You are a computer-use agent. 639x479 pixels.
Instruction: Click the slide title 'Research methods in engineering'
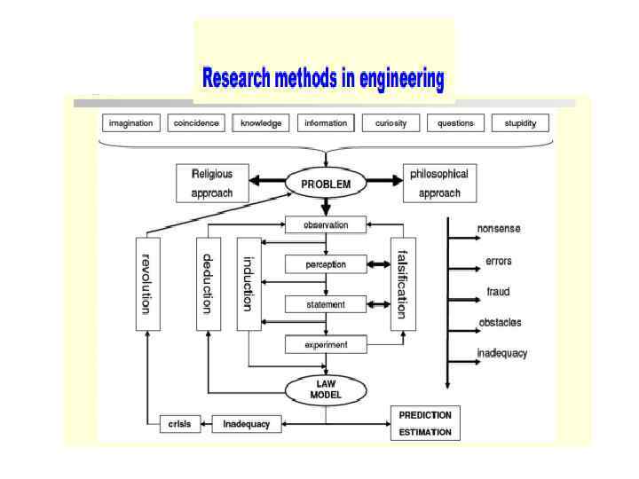coord(323,79)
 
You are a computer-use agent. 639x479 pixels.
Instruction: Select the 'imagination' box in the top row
coord(130,123)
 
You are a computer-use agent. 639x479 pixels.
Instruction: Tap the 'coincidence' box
coord(195,123)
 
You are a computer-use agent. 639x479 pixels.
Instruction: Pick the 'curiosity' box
coord(390,123)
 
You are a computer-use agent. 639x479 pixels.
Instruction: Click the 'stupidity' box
coord(520,123)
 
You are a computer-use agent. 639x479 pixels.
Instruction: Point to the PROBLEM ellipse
coord(326,185)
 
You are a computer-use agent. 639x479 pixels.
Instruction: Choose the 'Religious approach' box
coord(212,183)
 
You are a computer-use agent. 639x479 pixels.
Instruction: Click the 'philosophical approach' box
coord(438,183)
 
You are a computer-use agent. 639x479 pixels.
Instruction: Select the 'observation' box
coord(326,225)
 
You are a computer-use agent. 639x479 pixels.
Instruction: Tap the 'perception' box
coord(326,264)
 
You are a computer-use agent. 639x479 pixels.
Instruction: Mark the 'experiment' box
coord(326,344)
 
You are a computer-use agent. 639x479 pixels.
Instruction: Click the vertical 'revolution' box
coord(147,283)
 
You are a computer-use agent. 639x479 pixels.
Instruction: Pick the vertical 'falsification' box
coord(403,283)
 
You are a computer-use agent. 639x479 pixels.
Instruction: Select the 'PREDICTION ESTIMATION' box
coord(425,423)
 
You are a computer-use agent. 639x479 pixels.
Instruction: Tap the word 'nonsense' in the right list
coord(499,229)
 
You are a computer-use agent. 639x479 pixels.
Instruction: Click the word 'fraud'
coord(498,292)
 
